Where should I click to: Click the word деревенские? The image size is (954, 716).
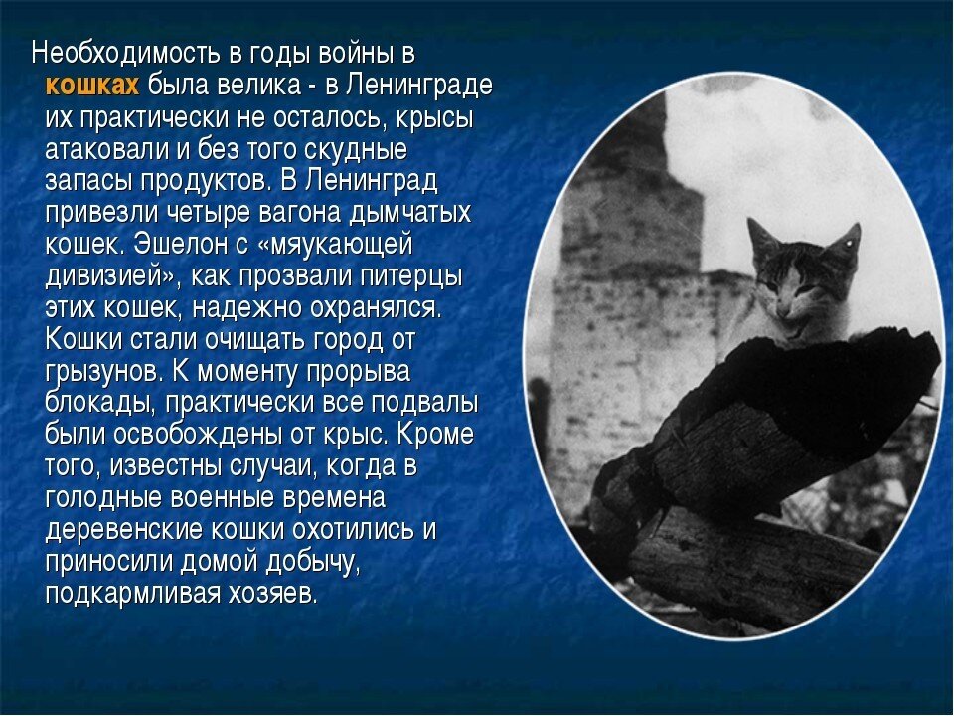(123, 530)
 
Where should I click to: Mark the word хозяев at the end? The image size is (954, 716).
(277, 594)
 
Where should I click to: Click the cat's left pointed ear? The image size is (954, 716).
(762, 237)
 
